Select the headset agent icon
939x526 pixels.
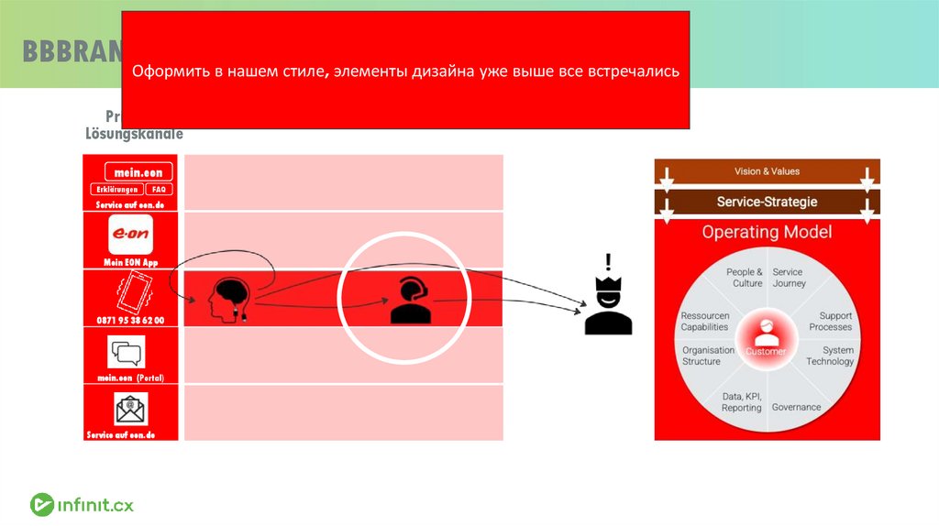click(x=410, y=299)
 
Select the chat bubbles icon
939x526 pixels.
click(x=127, y=353)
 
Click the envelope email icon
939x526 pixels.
click(x=130, y=408)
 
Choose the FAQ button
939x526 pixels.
click(x=158, y=190)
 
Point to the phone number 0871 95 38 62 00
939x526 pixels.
click(x=129, y=320)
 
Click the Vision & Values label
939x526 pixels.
click(x=767, y=171)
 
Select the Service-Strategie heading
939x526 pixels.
click(x=767, y=202)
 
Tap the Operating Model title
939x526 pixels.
click(x=767, y=232)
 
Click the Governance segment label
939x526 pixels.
click(x=796, y=407)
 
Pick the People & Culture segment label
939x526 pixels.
click(x=744, y=278)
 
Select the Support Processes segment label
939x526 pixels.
click(x=830, y=321)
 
